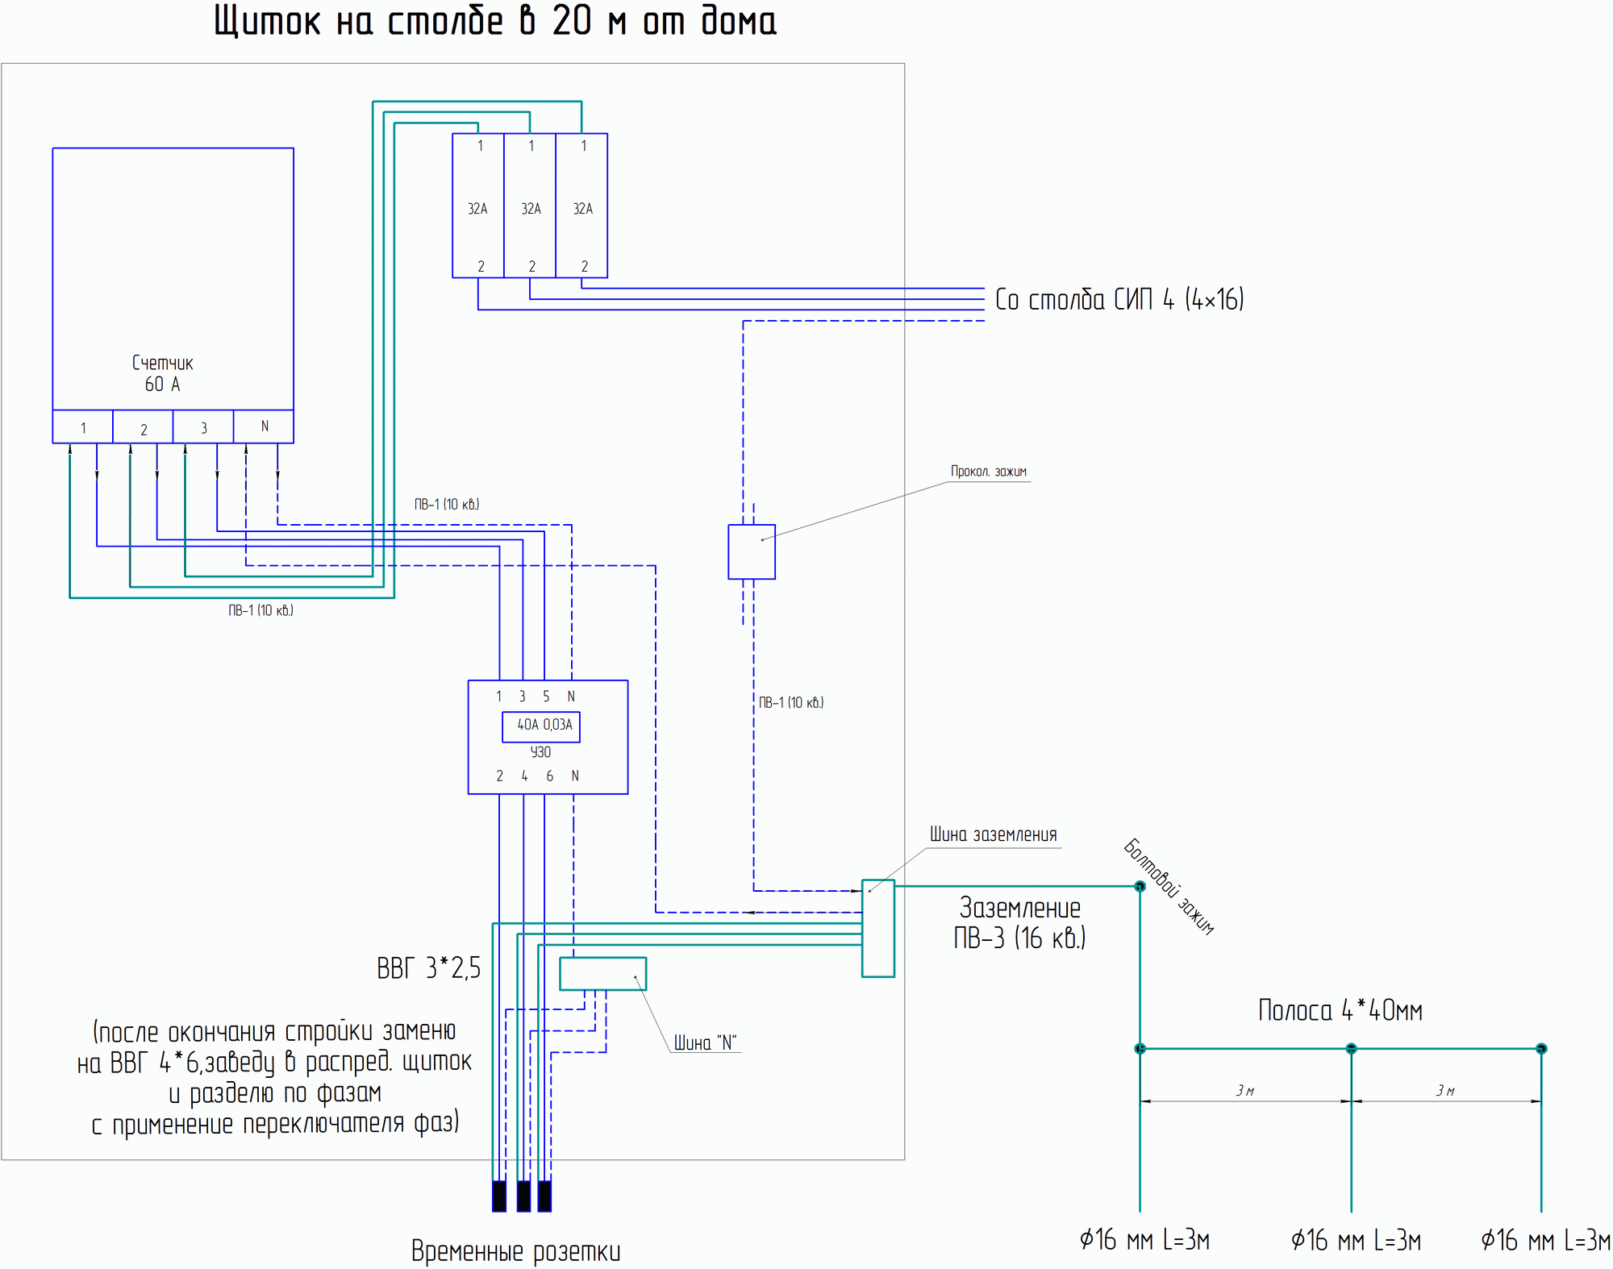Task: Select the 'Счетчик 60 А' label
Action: pyautogui.click(x=163, y=374)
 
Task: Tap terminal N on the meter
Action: pyautogui.click(x=264, y=426)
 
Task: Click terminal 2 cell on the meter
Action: pyautogui.click(x=143, y=427)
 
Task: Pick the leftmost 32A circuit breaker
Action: pyautogui.click(x=478, y=206)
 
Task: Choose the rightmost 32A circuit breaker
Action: pyautogui.click(x=581, y=206)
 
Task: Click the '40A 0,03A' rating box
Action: pyautogui.click(x=541, y=726)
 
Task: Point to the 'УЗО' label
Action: pyautogui.click(x=540, y=752)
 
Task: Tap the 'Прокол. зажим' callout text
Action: pyautogui.click(x=989, y=472)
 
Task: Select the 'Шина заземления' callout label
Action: pyautogui.click(x=993, y=834)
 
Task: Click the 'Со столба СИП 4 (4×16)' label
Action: pyautogui.click(x=1119, y=300)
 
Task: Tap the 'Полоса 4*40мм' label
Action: pyautogui.click(x=1340, y=1010)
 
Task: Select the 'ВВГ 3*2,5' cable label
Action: pyautogui.click(x=428, y=967)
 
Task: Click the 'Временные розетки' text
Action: pyautogui.click(x=516, y=1251)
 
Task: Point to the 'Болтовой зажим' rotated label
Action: pyautogui.click(x=1169, y=886)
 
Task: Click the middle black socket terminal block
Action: pyautogui.click(x=523, y=1196)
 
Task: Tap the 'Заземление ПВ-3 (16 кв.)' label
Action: pyautogui.click(x=1020, y=923)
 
